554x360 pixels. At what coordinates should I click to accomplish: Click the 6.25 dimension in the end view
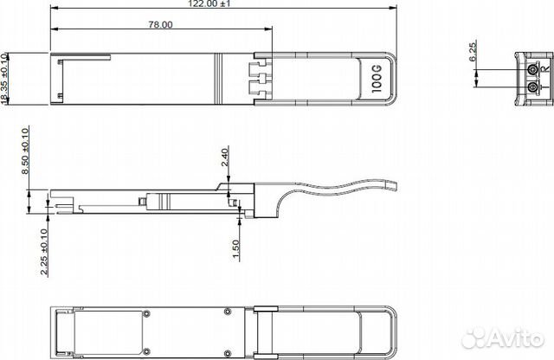click(473, 55)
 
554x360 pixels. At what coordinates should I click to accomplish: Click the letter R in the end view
click(544, 79)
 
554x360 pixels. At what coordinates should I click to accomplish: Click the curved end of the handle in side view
click(390, 184)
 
